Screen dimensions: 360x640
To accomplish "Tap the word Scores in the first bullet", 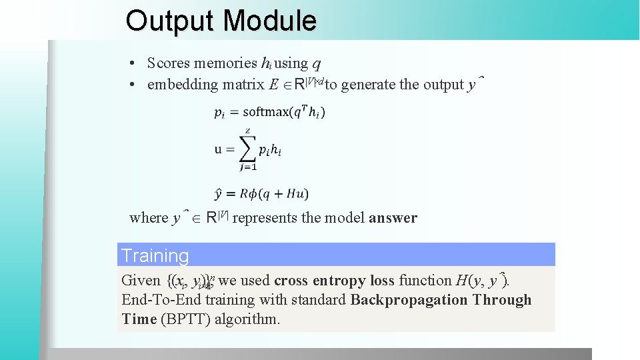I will [x=168, y=63].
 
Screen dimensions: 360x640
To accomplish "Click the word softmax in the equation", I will [x=267, y=111].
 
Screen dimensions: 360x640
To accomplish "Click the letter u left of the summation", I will [x=219, y=149].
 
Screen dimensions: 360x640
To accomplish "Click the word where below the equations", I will [x=149, y=218].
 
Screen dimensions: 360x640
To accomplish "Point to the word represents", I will [x=265, y=218].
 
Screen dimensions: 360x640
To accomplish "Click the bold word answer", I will [x=393, y=218].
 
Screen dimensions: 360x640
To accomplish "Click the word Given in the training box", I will [x=141, y=281].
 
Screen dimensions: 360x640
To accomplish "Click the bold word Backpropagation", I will [x=409, y=300].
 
